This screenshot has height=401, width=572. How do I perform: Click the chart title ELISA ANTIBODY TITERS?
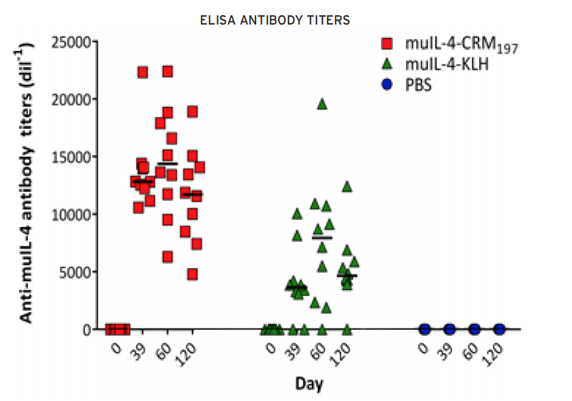[x=275, y=21]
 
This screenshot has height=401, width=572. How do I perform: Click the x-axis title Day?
[x=309, y=384]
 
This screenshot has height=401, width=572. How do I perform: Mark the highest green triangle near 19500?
[x=322, y=104]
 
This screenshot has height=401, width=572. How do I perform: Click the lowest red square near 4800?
[x=192, y=274]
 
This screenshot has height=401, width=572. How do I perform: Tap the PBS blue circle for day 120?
[x=499, y=329]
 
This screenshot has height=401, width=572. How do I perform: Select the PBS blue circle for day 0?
[x=425, y=329]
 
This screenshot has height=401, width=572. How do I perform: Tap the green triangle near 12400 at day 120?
[x=346, y=187]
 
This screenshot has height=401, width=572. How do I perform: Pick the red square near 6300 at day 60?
[x=168, y=257]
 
